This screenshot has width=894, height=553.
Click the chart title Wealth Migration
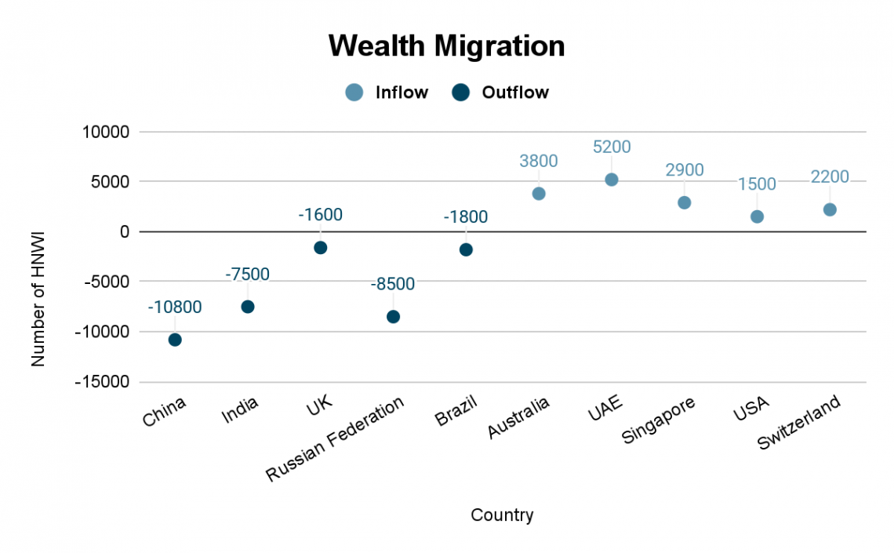[446, 46]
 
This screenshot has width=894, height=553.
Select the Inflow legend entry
[387, 93]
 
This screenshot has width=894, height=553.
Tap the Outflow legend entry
[501, 93]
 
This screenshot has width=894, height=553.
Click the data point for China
[175, 340]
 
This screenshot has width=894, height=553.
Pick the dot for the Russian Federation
[393, 317]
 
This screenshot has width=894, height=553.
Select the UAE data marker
[612, 180]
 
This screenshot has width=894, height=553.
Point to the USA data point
[757, 216]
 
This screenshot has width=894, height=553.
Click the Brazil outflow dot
[466, 249]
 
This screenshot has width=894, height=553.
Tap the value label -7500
[247, 275]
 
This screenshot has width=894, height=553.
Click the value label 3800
[539, 162]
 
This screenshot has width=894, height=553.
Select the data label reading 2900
[685, 170]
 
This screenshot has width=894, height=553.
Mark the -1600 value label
[320, 215]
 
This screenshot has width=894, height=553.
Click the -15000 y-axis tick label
[101, 382]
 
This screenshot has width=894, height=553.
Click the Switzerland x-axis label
[800, 423]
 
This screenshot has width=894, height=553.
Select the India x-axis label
[240, 410]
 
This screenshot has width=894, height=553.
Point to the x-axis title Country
[502, 515]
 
